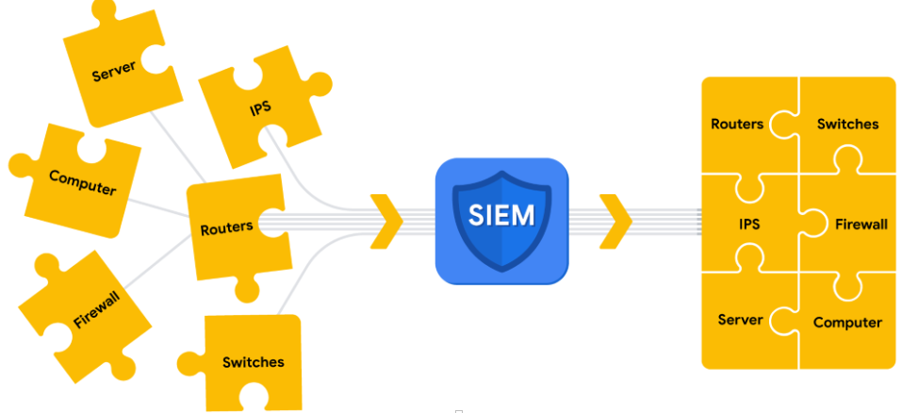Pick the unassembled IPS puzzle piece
coord(259,108)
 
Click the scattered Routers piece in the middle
coord(231,228)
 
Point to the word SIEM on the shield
coord(501,215)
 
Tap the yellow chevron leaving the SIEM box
coord(615,222)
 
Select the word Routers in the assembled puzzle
coord(737,124)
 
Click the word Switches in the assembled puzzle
coord(847,124)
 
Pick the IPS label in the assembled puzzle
coord(749,224)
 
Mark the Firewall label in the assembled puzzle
coord(861,224)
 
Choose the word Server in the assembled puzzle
coord(740,320)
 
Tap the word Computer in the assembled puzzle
coord(847,322)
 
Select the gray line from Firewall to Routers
coord(156,264)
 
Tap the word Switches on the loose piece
coord(253,362)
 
